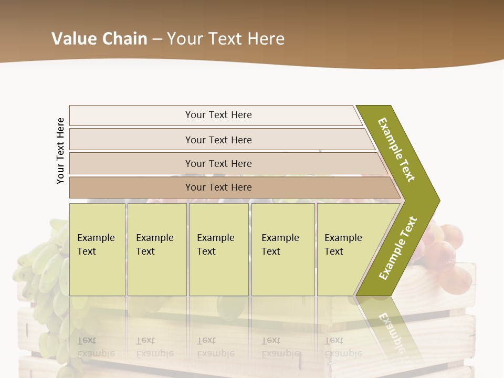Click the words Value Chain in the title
[x=99, y=38]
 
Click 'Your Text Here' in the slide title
[x=225, y=38]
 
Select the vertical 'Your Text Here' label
[x=60, y=151]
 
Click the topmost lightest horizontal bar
[x=218, y=115]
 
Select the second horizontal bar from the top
[x=218, y=140]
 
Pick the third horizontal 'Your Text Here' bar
[x=218, y=163]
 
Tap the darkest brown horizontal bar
[x=218, y=187]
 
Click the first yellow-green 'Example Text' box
[x=97, y=249]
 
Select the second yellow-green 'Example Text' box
[x=157, y=249]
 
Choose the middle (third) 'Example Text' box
[x=218, y=249]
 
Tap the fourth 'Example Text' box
[x=283, y=249]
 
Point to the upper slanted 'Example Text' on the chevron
[x=396, y=150]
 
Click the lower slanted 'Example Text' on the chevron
[x=398, y=248]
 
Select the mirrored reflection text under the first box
[x=96, y=347]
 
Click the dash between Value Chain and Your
[x=157, y=39]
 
